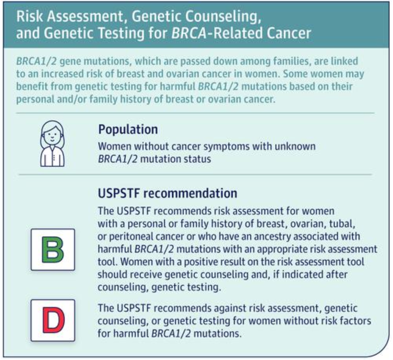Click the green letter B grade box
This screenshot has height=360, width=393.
point(53,250)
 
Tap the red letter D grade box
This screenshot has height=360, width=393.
point(53,320)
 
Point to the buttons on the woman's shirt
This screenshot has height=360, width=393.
point(54,158)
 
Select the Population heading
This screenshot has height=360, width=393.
point(128,130)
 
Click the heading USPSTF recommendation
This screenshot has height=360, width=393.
point(168,193)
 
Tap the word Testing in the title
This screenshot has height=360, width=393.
point(120,33)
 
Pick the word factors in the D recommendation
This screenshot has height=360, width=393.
point(353,321)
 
